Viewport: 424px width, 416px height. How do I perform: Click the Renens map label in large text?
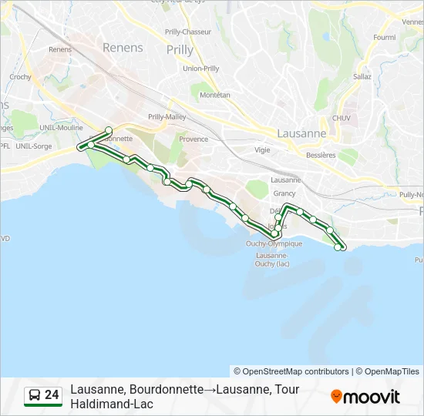pyautogui.click(x=123, y=48)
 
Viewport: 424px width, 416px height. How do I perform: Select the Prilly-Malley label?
pyautogui.click(x=167, y=116)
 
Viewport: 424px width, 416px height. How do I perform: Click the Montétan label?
pyautogui.click(x=215, y=95)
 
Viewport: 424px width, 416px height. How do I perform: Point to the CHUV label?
pyautogui.click(x=341, y=118)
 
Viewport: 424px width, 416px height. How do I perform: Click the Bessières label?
pyautogui.click(x=321, y=154)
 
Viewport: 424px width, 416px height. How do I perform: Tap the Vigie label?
pyautogui.click(x=263, y=150)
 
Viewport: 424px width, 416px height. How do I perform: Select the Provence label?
pyautogui.click(x=193, y=139)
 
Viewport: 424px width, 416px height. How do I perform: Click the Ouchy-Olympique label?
pyautogui.click(x=274, y=243)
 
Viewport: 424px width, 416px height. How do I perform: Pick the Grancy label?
pyautogui.click(x=284, y=193)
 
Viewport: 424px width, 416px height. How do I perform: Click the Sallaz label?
pyautogui.click(x=362, y=76)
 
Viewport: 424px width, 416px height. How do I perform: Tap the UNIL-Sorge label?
pyautogui.click(x=33, y=146)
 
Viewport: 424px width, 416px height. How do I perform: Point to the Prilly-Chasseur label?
pyautogui.click(x=188, y=32)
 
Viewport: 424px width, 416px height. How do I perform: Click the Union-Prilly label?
pyautogui.click(x=200, y=68)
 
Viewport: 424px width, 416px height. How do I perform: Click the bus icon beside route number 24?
pyautogui.click(x=35, y=396)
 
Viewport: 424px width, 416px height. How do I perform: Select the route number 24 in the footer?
pyautogui.click(x=52, y=395)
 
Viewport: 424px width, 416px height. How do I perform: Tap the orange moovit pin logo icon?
pyautogui.click(x=336, y=396)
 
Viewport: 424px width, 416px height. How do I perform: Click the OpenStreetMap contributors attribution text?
pyautogui.click(x=291, y=371)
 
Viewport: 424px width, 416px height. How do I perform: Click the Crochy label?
pyautogui.click(x=20, y=77)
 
